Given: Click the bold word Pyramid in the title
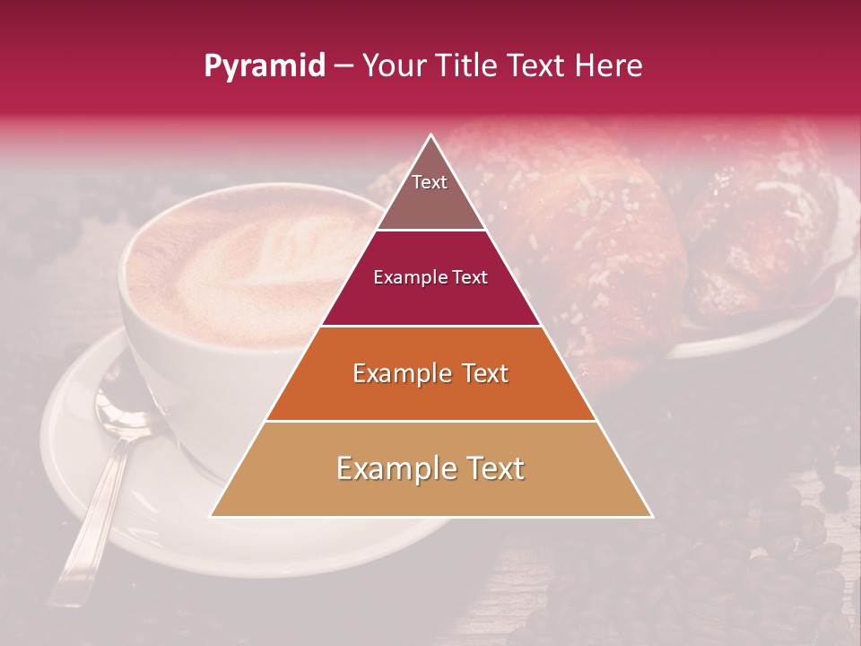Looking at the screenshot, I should point(264,66).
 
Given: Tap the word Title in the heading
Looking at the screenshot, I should point(467,66).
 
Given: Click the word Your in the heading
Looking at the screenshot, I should point(394,66).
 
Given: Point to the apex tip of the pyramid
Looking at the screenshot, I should point(431,135).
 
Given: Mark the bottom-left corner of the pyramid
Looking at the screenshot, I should point(211,516).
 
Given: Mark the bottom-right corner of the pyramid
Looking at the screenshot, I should point(651,516).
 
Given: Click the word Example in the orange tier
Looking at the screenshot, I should point(394,373).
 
